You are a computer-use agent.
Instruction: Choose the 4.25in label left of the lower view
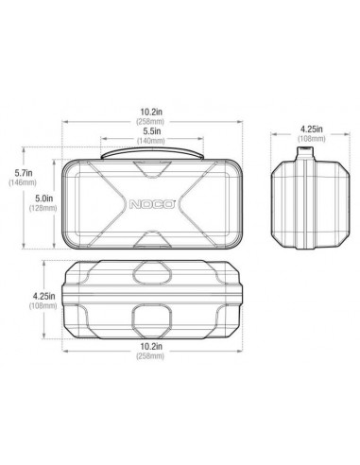[40, 294]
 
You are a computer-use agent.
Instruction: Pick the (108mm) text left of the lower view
[40, 305]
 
